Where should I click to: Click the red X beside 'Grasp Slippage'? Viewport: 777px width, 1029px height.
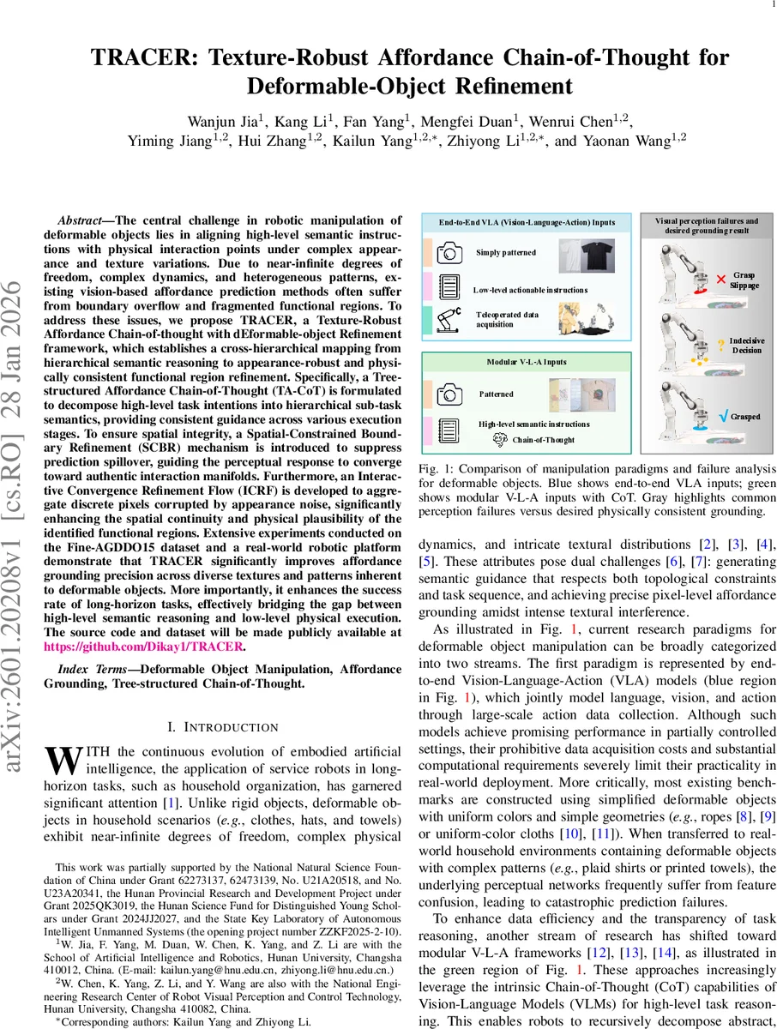tap(721, 280)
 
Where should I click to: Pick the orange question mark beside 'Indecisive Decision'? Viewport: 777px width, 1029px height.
tap(722, 344)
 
